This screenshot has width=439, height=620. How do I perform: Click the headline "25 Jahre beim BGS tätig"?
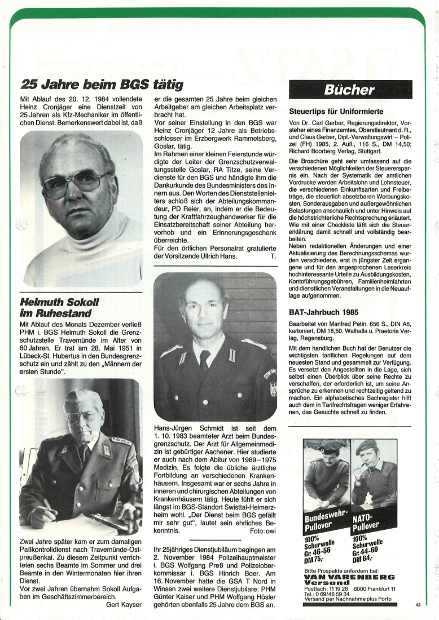(x=102, y=85)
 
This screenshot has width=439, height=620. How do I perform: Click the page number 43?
(x=418, y=605)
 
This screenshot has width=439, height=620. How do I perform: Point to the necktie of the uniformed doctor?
(x=205, y=360)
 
